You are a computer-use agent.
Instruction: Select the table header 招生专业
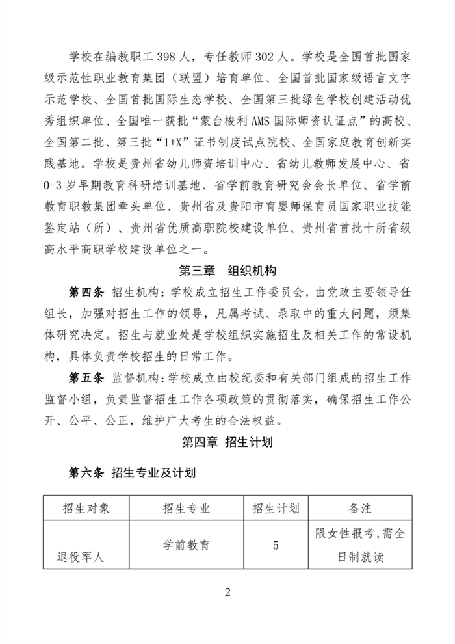click(x=186, y=508)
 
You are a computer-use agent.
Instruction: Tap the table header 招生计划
click(x=276, y=508)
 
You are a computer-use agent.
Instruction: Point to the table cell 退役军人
click(x=81, y=557)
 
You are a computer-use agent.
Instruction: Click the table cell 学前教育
click(x=186, y=545)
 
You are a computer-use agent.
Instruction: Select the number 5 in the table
click(x=276, y=545)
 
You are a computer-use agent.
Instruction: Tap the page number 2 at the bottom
click(x=227, y=593)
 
